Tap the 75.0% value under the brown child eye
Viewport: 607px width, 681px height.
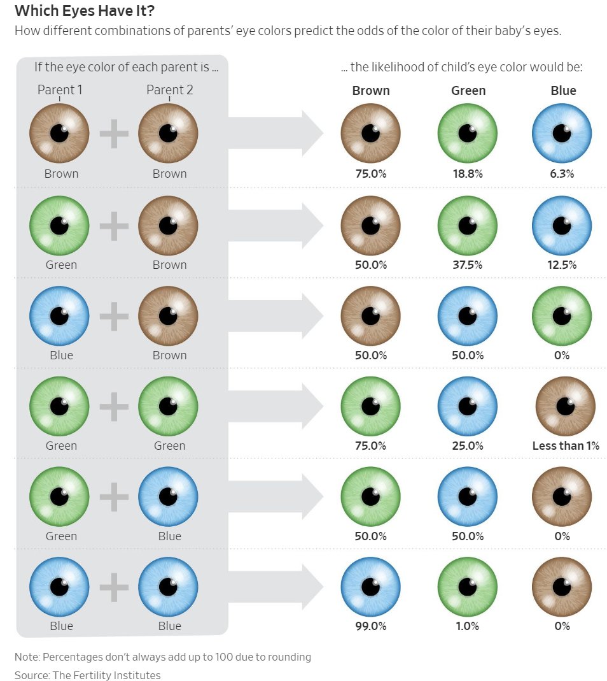tap(370, 174)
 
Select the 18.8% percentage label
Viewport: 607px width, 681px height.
tap(467, 174)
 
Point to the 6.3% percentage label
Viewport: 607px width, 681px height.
tap(562, 174)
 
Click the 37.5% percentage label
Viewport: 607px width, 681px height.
tap(467, 264)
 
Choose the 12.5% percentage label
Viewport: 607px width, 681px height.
tap(562, 264)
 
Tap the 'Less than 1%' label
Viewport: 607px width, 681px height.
tap(566, 446)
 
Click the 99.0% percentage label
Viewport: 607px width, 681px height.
tap(370, 626)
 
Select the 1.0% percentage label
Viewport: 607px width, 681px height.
tap(467, 626)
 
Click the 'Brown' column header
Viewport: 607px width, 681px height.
tap(371, 90)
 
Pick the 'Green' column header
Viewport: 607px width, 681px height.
tap(468, 90)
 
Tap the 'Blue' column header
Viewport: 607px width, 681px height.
tap(563, 90)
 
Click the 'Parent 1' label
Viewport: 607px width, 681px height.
tap(60, 90)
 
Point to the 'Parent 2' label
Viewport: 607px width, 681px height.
tap(169, 90)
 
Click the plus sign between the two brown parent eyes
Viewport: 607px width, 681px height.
tap(114, 134)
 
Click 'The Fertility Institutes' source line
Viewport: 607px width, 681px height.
tap(87, 675)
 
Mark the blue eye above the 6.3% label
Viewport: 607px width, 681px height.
tap(562, 133)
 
